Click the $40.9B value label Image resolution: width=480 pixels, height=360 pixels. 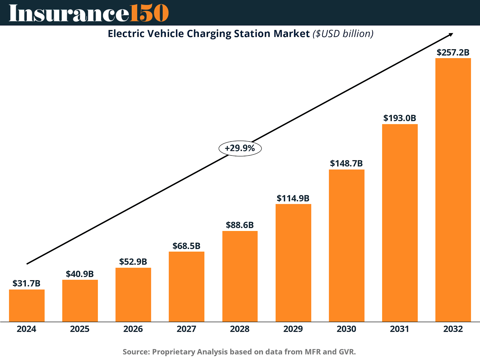[x=80, y=274]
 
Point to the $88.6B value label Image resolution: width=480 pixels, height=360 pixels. [x=240, y=225]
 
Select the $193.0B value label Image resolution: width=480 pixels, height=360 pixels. [x=400, y=118]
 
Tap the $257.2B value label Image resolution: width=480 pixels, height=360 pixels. [x=453, y=52]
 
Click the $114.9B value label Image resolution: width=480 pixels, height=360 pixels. [x=293, y=198]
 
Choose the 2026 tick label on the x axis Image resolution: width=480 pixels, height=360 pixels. [x=133, y=329]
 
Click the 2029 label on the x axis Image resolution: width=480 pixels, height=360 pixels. [x=293, y=329]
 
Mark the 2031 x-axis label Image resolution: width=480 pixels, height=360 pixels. [x=400, y=329]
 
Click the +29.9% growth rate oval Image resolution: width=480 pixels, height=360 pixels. [x=240, y=148]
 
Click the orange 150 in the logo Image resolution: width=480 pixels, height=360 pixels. [x=149, y=13]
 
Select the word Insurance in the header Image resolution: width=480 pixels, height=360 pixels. [x=69, y=13]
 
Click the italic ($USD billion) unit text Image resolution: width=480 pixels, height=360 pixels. [x=343, y=34]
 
